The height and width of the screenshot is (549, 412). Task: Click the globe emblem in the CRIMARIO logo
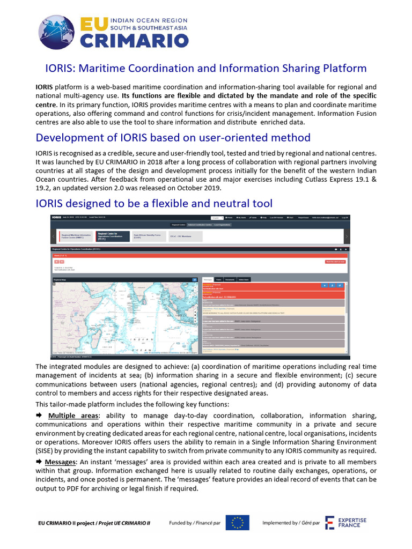[58, 33]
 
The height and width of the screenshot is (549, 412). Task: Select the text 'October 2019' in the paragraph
[200, 188]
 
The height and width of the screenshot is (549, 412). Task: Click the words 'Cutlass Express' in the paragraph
[320, 179]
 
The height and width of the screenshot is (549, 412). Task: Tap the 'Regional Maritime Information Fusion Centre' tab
[75, 236]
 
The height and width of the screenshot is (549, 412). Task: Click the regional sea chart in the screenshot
[124, 316]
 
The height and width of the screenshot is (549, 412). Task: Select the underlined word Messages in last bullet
[60, 462]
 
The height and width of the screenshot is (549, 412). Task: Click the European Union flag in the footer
[237, 522]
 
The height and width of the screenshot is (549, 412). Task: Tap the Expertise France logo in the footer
[346, 523]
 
